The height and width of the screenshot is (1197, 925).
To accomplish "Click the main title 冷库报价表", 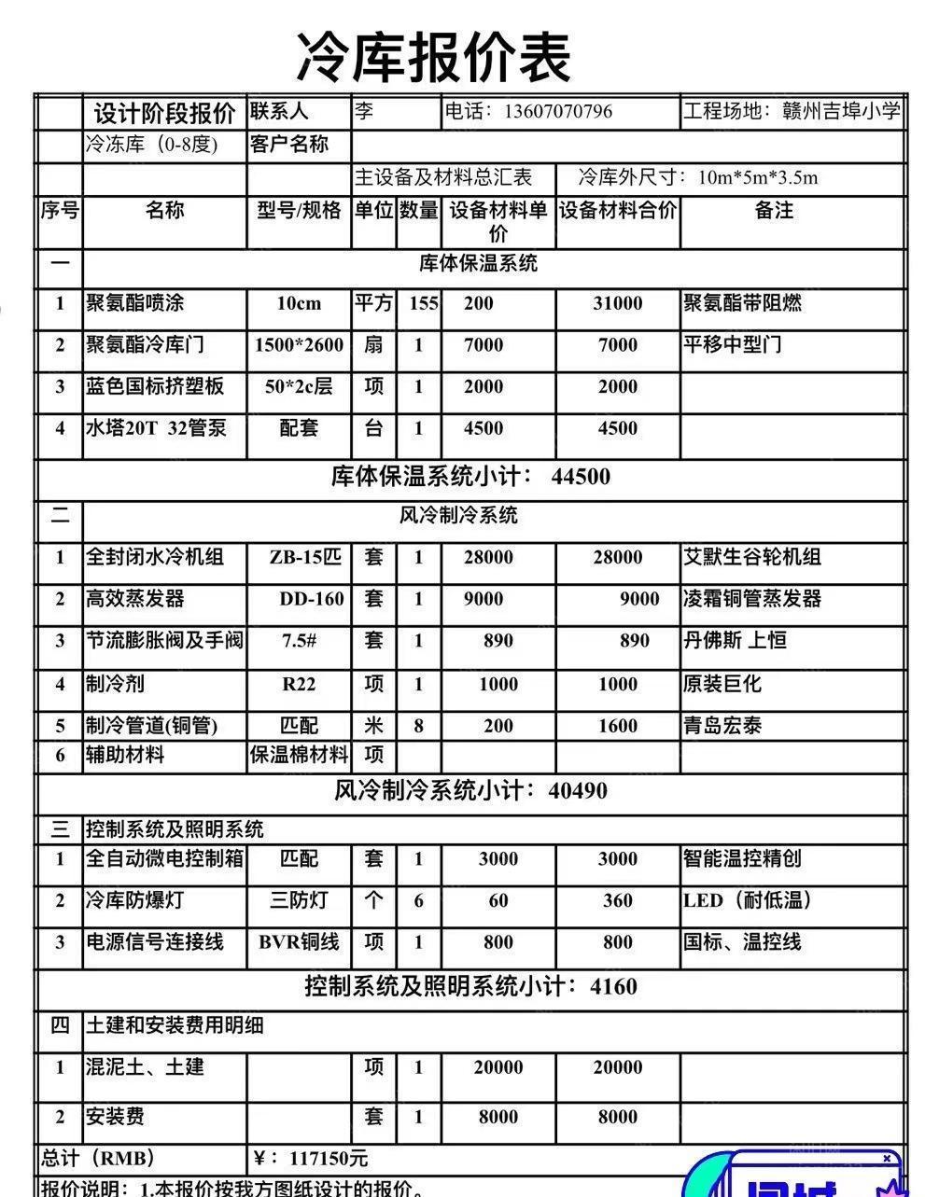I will click(433, 57).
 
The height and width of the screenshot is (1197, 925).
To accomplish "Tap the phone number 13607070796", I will click(557, 112).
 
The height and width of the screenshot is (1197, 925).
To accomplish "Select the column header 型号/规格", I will click(299, 211).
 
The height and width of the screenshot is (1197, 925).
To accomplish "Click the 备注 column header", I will click(774, 211).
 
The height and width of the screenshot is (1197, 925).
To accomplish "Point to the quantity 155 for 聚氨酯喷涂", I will click(423, 303).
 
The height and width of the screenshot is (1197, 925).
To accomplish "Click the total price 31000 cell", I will click(617, 303).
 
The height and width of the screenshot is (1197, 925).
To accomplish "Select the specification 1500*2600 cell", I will click(299, 345).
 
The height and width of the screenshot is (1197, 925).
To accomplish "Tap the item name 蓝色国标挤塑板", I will click(155, 386).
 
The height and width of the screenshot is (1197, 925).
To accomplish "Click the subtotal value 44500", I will click(581, 477).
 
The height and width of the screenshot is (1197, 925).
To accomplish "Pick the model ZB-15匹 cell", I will click(305, 558).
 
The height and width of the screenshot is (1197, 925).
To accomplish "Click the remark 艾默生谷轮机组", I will click(752, 558).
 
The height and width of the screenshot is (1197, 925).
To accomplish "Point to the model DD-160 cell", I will click(312, 599).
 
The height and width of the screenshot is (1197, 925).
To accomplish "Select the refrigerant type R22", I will click(299, 684).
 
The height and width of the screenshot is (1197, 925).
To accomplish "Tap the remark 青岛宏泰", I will click(722, 726).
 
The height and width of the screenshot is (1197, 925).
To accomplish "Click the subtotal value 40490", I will click(578, 791).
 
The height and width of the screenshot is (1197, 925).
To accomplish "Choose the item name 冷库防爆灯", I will click(134, 900).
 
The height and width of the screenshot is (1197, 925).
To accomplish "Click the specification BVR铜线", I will click(299, 942).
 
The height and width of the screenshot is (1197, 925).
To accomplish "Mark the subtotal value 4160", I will click(613, 986).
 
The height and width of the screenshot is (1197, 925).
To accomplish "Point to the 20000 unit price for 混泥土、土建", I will click(498, 1067).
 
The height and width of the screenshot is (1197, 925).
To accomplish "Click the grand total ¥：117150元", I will click(311, 1159).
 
